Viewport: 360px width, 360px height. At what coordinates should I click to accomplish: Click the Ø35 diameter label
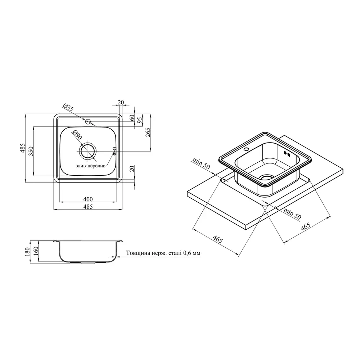[x=68, y=107]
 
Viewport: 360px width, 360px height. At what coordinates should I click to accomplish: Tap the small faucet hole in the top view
[x=88, y=122]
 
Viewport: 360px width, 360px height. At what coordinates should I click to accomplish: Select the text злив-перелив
[x=90, y=166]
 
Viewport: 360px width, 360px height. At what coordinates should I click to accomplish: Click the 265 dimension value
[x=148, y=132]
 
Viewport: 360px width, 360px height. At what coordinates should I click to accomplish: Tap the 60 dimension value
[x=132, y=118]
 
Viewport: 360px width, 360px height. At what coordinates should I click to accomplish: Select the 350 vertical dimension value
[x=31, y=151]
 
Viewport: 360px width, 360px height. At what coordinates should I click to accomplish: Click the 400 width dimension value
[x=88, y=199]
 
